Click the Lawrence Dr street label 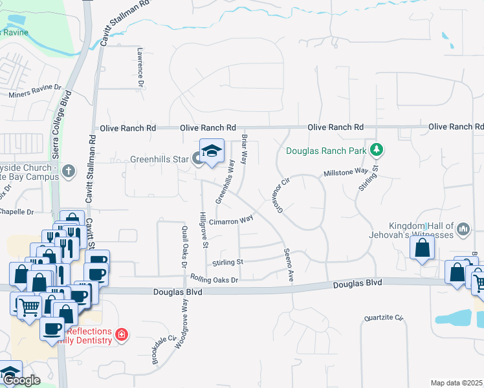coord(140,66)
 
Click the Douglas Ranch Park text coord(327,152)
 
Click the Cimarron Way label coord(230,221)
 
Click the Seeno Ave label coord(287,265)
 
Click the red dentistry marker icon coord(122,334)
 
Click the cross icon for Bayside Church coord(69,171)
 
